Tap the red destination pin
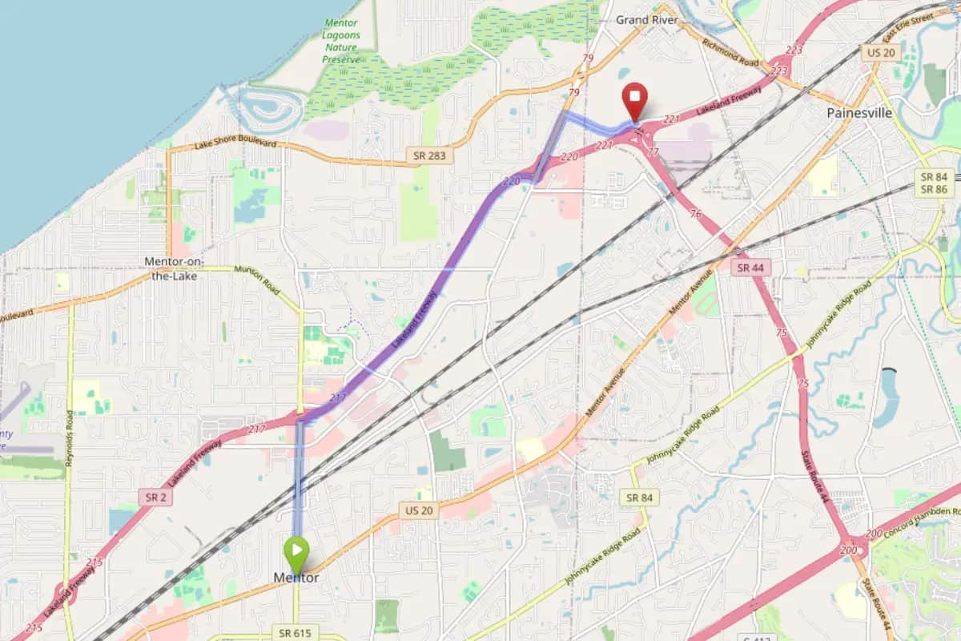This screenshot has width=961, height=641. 635,98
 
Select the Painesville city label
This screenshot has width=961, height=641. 859,114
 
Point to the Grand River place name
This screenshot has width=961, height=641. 647,20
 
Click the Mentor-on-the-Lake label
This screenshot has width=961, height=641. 175,268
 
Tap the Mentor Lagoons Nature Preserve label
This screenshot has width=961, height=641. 341,41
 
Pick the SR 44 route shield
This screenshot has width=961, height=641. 750,268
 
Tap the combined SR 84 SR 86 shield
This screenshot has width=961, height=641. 934,183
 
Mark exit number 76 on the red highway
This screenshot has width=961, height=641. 696,214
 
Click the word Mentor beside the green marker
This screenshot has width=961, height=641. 296,578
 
